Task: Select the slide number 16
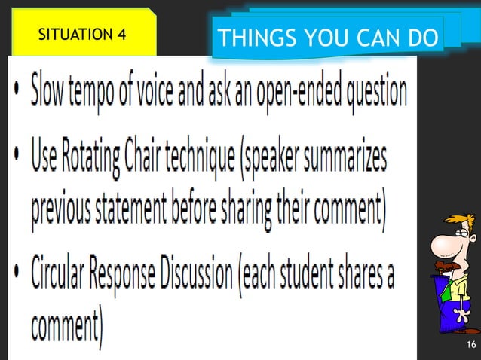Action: coord(471,345)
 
